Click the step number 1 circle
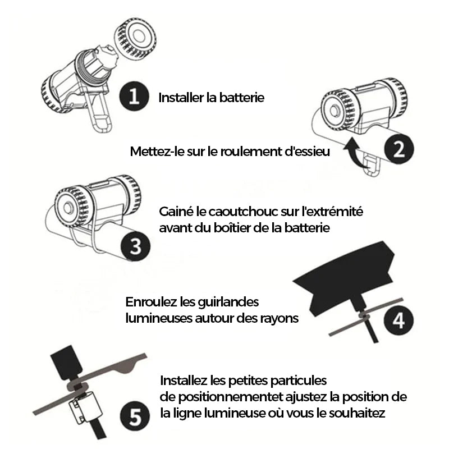click(134, 96)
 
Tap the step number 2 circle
click(398, 149)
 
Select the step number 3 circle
click(135, 246)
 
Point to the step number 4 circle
click(398, 320)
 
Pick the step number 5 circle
click(135, 416)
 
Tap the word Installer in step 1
click(181, 98)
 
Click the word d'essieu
click(307, 152)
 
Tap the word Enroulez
click(151, 302)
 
